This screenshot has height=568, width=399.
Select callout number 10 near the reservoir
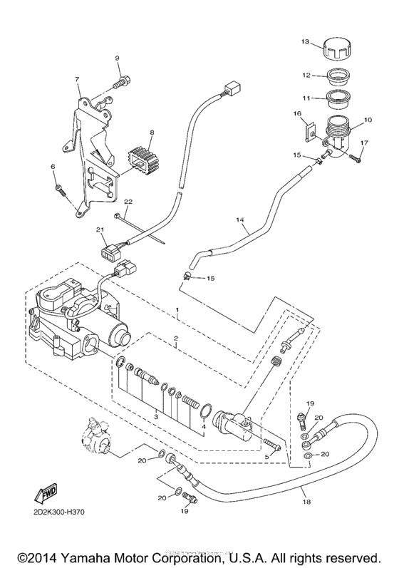tap(368, 121)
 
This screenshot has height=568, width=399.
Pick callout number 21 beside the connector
tap(101, 229)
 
